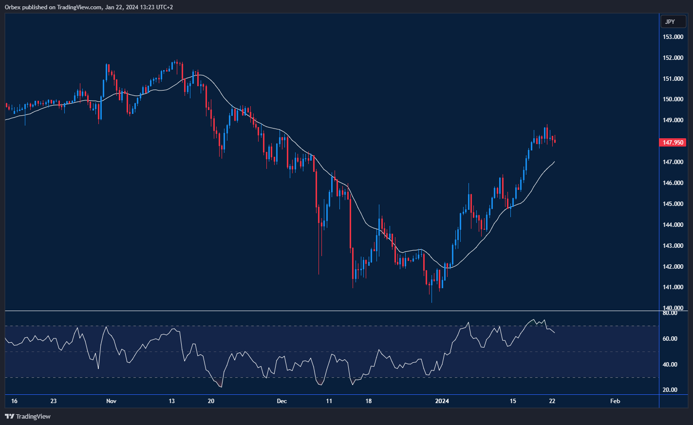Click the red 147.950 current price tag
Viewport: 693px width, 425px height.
pos(673,143)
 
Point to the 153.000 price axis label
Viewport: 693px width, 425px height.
pos(673,37)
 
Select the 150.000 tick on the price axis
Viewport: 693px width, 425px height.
pos(673,99)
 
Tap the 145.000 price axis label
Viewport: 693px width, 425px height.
pos(673,204)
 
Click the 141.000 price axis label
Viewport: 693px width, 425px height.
pos(673,287)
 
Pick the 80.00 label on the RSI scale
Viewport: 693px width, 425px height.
pos(670,313)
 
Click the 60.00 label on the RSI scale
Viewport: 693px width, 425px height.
pos(670,339)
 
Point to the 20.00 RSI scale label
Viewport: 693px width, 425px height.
pos(670,390)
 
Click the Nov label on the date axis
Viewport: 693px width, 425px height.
pos(111,401)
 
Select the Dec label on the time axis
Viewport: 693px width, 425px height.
pos(281,401)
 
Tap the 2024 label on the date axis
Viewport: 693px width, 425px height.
pos(442,401)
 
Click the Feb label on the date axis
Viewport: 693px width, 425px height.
pos(615,401)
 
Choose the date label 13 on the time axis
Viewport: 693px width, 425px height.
pos(171,401)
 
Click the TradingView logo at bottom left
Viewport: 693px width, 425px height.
pos(28,416)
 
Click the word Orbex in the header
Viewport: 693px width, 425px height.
pos(12,7)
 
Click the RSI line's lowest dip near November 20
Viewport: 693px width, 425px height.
pos(221,387)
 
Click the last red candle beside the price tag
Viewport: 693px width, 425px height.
pos(555,142)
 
